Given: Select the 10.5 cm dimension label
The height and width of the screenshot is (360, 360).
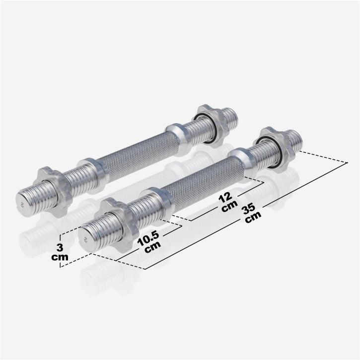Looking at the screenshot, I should (147, 244).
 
